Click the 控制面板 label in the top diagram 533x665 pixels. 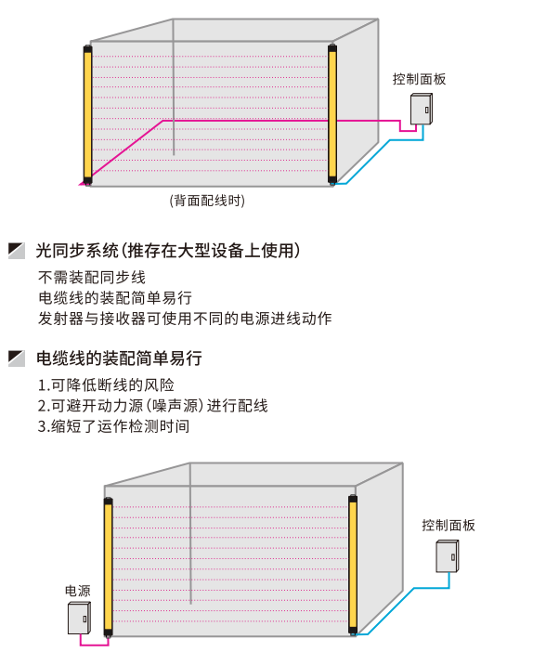(419, 79)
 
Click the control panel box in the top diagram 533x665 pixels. (422, 109)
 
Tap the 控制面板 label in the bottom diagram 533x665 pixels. (448, 525)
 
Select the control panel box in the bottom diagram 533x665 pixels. (448, 556)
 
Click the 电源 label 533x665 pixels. (78, 591)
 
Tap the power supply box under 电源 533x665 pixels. (79, 619)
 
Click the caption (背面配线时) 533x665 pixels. (207, 201)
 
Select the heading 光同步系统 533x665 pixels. (77, 251)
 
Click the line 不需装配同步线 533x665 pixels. (92, 278)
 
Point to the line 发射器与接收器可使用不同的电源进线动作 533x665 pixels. (185, 318)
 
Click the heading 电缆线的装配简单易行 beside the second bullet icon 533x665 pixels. (119, 359)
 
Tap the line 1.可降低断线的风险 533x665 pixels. (106, 385)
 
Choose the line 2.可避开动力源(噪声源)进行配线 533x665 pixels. (152, 406)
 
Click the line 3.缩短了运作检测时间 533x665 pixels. (113, 426)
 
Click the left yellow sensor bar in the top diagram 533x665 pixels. (88, 115)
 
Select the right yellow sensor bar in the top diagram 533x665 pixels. (332, 114)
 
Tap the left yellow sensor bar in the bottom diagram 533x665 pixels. (108, 567)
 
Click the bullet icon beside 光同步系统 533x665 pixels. (17, 251)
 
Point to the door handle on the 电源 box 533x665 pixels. (84, 619)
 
